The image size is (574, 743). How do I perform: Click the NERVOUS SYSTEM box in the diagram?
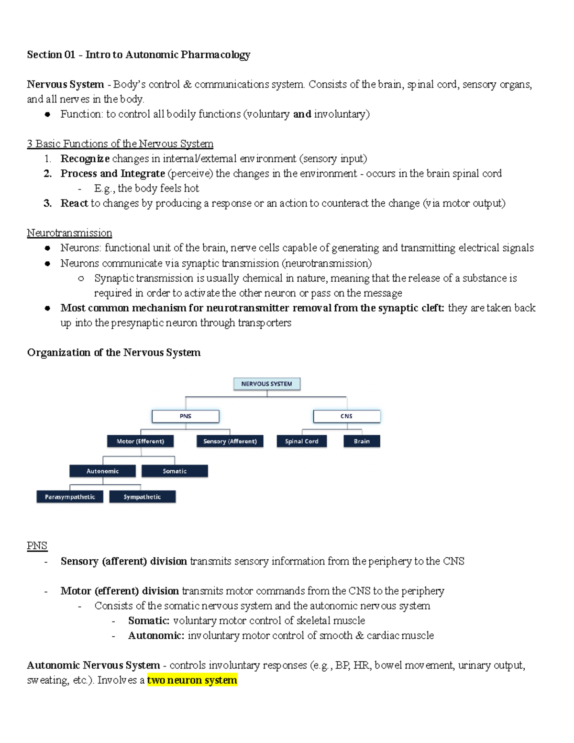pos(266,384)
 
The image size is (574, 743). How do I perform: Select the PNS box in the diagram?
pos(186,416)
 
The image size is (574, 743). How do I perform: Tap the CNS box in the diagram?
pos(346,416)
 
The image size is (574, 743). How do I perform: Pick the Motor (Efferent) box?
pos(140,441)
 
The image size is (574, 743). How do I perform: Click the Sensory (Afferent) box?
pos(230,441)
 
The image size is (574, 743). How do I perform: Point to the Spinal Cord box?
pos(301,441)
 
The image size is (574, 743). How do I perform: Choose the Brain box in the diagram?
pos(362,441)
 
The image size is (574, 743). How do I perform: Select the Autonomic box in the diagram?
pos(102,471)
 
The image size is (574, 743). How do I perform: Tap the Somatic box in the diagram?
pos(175,471)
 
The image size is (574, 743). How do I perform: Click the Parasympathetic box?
pos(70,497)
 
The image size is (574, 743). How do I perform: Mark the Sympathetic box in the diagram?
pos(142,497)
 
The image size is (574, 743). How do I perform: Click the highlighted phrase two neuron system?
pos(192,680)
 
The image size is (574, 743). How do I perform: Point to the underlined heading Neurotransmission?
pos(69,233)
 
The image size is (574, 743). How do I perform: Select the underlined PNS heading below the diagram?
pos(37,546)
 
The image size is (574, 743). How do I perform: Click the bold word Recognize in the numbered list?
pos(85,159)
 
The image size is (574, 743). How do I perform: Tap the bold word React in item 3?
pos(74,203)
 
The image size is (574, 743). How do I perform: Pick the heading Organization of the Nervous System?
pos(114,353)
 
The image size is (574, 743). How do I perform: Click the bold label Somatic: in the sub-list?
pos(149,621)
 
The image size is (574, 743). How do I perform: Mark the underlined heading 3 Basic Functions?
pos(120,144)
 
